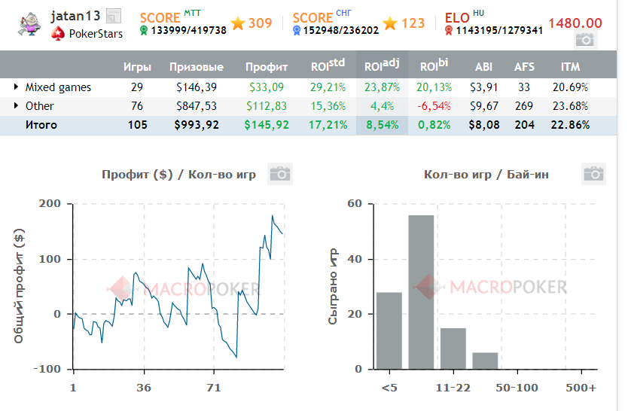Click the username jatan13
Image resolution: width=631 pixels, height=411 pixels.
click(x=75, y=16)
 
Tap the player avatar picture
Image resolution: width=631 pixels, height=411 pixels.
click(x=30, y=25)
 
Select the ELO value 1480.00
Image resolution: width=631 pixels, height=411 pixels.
click(x=575, y=24)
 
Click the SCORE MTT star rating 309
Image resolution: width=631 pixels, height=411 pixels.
click(x=252, y=23)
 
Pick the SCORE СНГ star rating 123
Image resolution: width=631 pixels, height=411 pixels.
click(x=404, y=23)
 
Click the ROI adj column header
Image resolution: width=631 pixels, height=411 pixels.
click(x=382, y=66)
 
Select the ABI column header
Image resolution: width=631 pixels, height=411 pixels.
click(x=484, y=67)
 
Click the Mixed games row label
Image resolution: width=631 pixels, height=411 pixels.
click(x=58, y=87)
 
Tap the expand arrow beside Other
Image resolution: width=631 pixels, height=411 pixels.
click(x=17, y=106)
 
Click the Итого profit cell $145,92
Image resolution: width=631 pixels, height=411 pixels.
click(x=267, y=125)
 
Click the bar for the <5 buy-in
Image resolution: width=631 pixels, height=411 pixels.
click(x=389, y=330)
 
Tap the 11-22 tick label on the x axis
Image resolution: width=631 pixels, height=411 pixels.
click(x=453, y=388)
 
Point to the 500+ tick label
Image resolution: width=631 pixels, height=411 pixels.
click(x=581, y=388)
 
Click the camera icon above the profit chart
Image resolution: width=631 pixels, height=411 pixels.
click(x=280, y=174)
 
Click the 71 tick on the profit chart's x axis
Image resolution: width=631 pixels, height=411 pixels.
click(x=213, y=388)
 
